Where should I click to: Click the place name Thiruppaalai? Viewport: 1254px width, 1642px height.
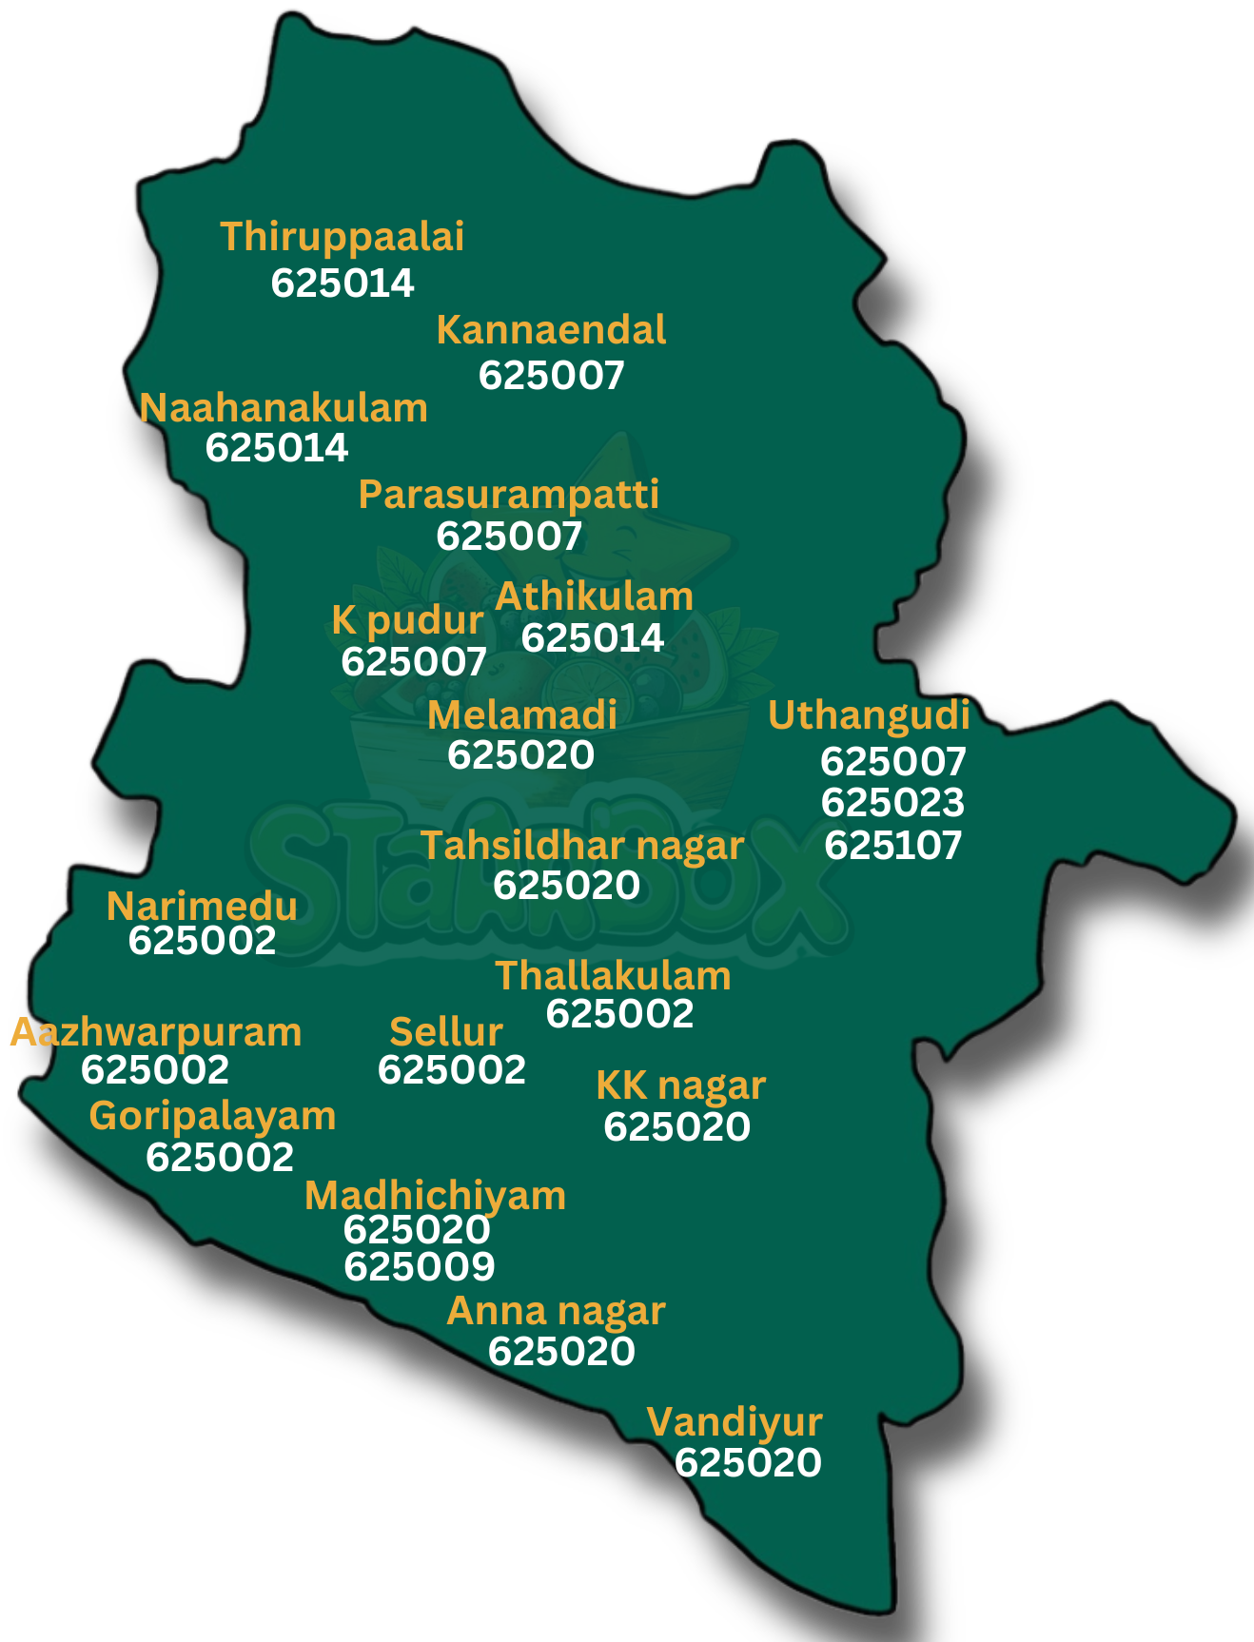coord(343,237)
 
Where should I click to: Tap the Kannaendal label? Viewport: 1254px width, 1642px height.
coord(551,330)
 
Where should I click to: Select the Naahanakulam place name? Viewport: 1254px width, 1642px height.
coord(284,408)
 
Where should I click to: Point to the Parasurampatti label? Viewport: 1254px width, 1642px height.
coord(509,494)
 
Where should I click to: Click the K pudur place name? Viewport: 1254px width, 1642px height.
coord(407,620)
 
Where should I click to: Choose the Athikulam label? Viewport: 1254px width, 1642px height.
coord(595,596)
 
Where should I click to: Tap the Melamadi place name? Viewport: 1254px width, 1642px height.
coord(522,714)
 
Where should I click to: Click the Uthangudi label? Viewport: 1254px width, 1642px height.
coord(869,715)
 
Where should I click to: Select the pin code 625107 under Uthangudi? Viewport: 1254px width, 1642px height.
coord(892,845)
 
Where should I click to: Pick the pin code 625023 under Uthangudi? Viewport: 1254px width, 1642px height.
coord(892,803)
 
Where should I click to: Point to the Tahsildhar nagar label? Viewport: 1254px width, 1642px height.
coord(582,845)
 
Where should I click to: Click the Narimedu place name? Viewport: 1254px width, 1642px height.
coord(202,906)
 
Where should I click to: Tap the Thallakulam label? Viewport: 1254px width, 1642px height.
coord(613,975)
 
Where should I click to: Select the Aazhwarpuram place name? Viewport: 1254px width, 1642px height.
coord(156,1032)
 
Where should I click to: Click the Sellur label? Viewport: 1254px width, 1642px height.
coord(446,1032)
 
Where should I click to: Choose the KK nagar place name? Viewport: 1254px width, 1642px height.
coord(680,1085)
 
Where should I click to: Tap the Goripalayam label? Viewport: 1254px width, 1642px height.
coord(212,1116)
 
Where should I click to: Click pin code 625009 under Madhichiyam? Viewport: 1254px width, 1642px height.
coord(420,1266)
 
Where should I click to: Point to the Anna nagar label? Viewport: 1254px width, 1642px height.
coord(556,1311)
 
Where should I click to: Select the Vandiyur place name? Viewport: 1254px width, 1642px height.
coord(734,1422)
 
